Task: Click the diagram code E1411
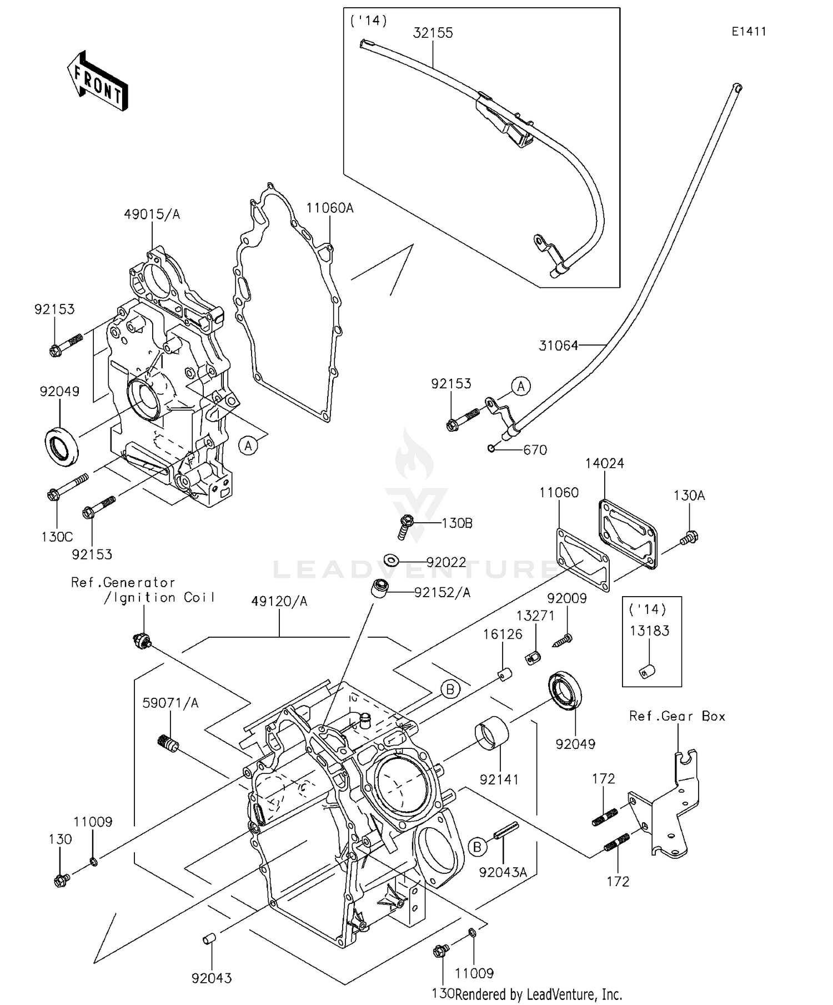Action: point(748,32)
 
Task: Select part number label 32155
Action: point(433,33)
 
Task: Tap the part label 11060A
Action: point(329,208)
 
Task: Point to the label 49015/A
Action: point(152,214)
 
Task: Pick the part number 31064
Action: point(558,346)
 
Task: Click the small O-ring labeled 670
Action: point(491,448)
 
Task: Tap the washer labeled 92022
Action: point(391,559)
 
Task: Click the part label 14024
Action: point(605,463)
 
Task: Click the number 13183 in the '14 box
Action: point(649,631)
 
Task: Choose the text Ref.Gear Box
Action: point(677,716)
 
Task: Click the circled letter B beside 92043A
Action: point(477,847)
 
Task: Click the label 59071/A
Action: point(170,703)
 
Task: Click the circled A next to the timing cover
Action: point(249,445)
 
